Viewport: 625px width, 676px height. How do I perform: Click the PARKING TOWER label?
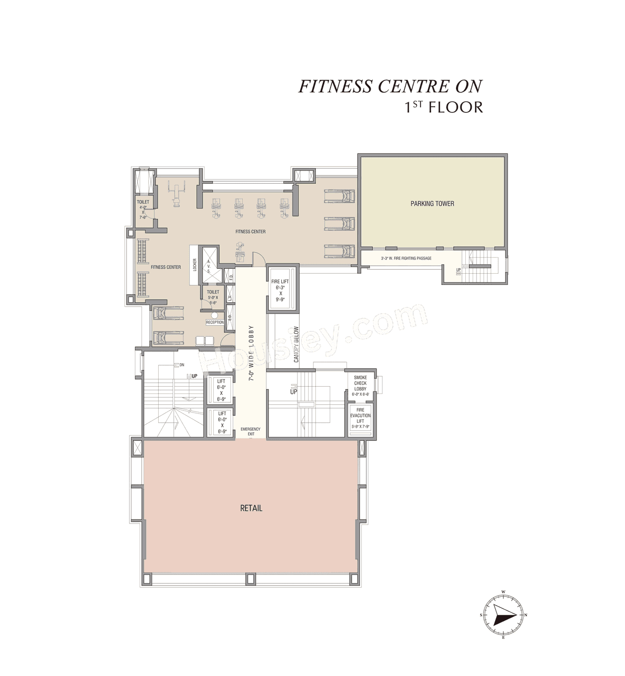tap(432, 204)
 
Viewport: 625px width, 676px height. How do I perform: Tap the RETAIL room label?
tap(251, 508)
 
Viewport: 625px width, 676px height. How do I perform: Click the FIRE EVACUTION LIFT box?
tap(360, 418)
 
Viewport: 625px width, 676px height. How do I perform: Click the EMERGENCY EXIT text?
tap(250, 431)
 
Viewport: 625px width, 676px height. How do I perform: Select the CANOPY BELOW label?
tap(296, 345)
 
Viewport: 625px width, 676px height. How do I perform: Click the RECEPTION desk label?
tap(215, 323)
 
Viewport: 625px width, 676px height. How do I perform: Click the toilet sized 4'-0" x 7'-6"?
tap(143, 209)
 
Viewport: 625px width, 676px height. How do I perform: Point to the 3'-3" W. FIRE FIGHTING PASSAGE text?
tap(406, 258)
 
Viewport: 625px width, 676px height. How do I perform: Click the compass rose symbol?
tap(503, 615)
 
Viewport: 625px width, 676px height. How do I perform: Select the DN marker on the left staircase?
tap(182, 365)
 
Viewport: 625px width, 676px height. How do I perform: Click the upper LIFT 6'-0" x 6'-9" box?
tap(222, 390)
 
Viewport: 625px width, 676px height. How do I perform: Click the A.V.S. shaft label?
tap(208, 266)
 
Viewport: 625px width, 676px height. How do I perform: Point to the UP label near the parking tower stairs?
tap(458, 270)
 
